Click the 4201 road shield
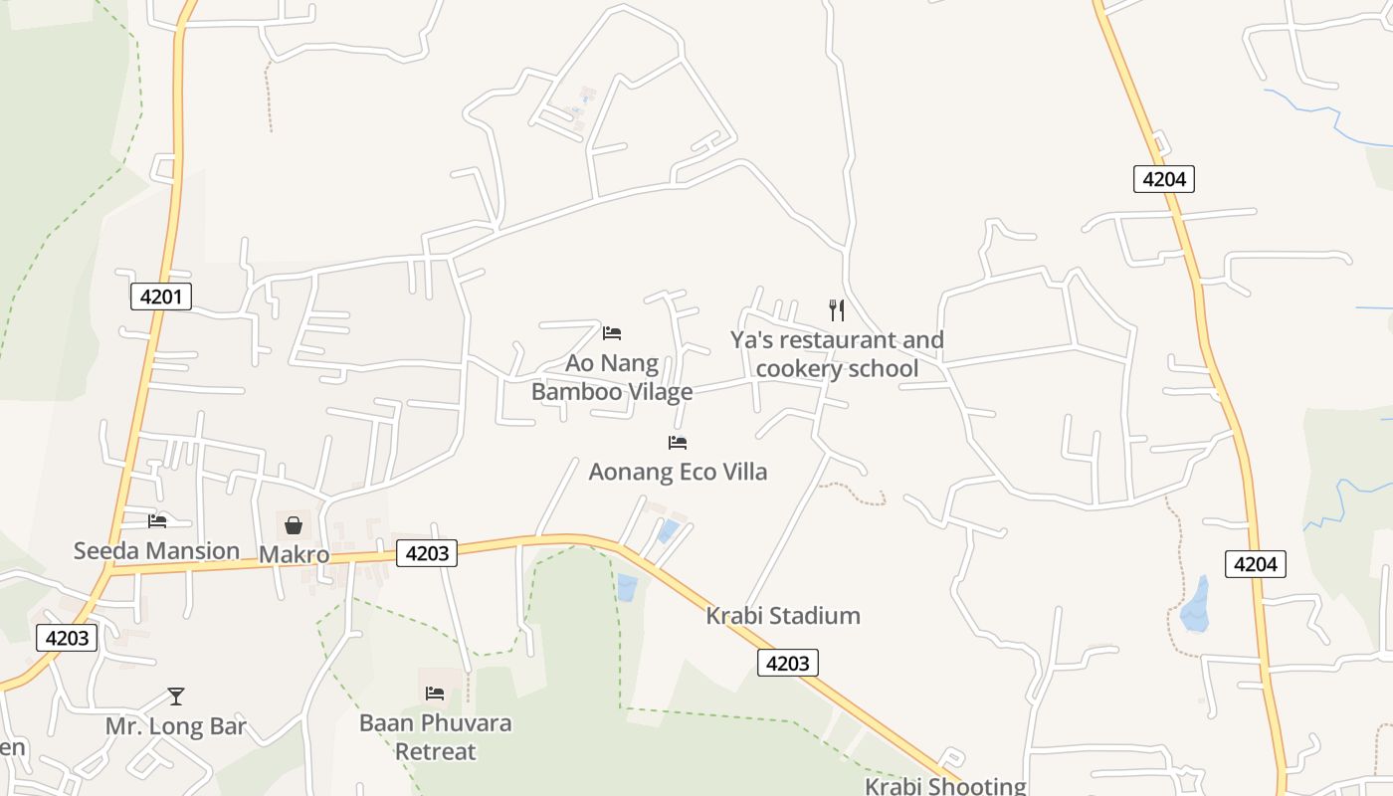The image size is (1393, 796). (x=160, y=296)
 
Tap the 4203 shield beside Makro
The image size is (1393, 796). (x=427, y=553)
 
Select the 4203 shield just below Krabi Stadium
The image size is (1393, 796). (x=788, y=663)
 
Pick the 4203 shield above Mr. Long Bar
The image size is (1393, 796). (x=67, y=638)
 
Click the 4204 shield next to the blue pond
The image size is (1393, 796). (x=1255, y=564)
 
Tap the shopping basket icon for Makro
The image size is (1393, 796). (x=294, y=524)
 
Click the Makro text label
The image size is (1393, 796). (x=294, y=554)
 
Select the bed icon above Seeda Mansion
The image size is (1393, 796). (x=157, y=520)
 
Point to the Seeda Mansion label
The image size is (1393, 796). (x=156, y=550)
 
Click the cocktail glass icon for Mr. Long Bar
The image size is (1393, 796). (x=176, y=696)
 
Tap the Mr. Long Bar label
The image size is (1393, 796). (x=176, y=726)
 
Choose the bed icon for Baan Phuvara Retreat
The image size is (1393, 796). (x=435, y=694)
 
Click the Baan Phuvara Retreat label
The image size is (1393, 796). (x=436, y=736)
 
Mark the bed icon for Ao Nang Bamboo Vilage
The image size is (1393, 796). (x=612, y=332)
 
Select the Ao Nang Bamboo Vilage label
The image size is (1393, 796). (x=612, y=377)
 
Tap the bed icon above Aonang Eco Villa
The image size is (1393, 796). (x=678, y=442)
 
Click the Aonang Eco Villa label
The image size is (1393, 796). (x=678, y=472)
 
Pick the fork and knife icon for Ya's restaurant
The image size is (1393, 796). (x=837, y=310)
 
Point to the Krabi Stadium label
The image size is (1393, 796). (x=783, y=616)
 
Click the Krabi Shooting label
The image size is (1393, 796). (x=944, y=786)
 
